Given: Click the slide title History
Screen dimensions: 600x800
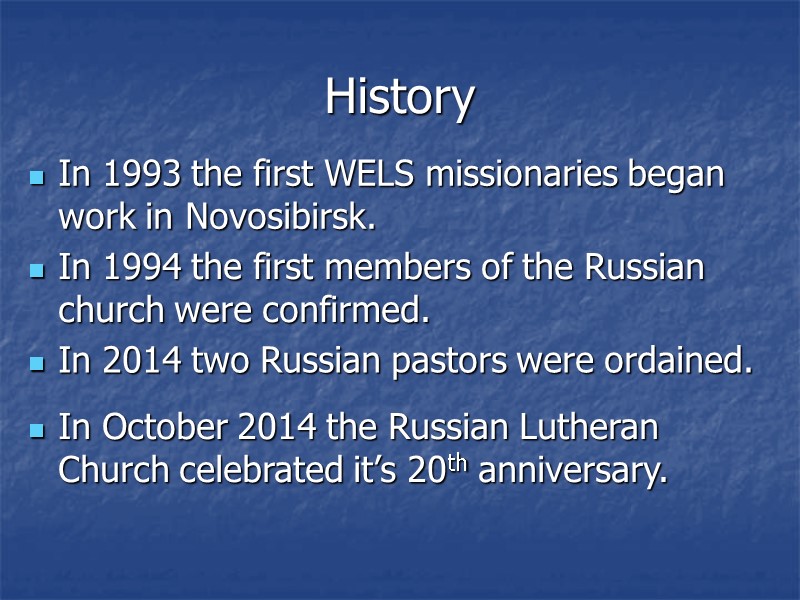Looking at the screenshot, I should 399,97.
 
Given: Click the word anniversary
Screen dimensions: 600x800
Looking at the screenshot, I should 573,469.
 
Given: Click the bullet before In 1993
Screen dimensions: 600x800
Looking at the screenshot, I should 38,178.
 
